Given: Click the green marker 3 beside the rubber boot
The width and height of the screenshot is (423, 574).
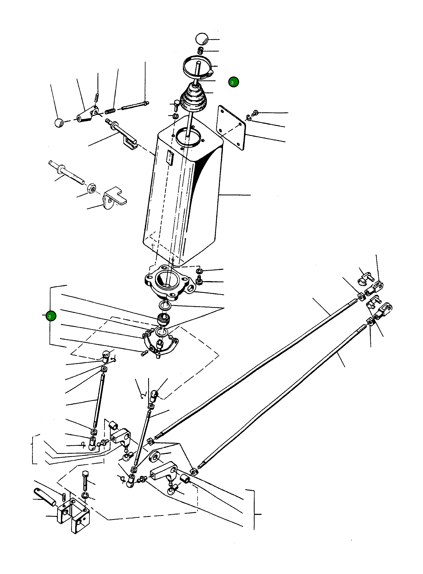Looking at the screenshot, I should [x=233, y=82].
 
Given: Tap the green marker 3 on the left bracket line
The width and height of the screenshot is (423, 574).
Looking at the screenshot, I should [x=50, y=316].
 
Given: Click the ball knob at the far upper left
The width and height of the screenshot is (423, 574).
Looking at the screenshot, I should [x=59, y=123].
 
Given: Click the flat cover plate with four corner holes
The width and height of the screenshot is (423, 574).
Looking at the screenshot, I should [x=231, y=127].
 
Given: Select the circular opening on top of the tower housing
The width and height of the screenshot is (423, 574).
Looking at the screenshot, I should [x=189, y=138].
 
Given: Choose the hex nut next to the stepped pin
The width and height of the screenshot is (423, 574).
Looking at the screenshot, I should [x=91, y=189].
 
